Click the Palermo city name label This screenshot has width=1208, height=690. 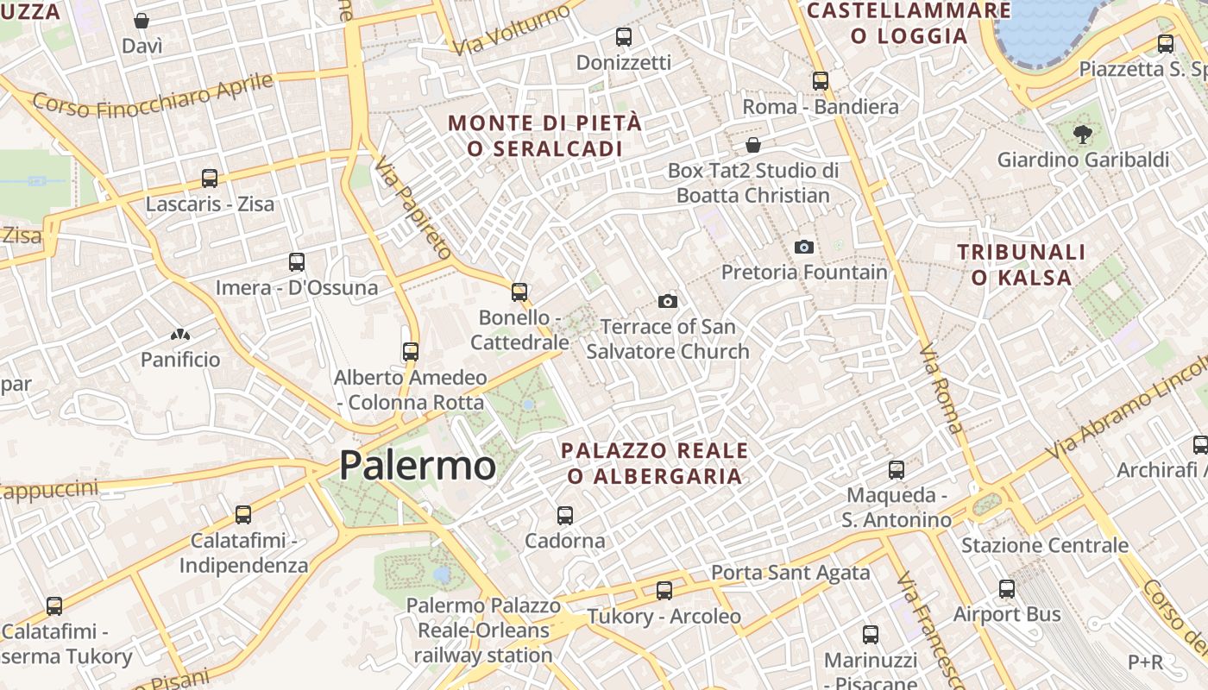coord(418,466)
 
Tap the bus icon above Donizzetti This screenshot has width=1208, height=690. coord(624,37)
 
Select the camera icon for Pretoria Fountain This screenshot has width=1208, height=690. coord(804,248)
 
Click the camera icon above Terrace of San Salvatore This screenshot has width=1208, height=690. coord(667,301)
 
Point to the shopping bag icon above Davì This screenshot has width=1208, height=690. coord(142,21)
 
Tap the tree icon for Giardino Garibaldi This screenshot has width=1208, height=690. coord(1082,134)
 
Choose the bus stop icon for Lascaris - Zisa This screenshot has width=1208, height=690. coord(210,179)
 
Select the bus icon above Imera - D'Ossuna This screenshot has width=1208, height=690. coord(297,261)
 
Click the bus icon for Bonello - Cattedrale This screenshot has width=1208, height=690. coord(519,292)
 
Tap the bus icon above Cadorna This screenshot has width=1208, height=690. coord(565,515)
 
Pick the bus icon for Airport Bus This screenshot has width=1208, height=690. coord(1007,589)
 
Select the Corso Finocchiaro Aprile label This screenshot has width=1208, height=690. coord(153,96)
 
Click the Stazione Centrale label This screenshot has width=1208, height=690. coord(1045,545)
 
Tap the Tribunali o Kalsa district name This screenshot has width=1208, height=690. coord(1022,264)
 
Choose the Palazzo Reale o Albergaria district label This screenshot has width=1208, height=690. coord(655,463)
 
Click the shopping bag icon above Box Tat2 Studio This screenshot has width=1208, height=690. coord(753,144)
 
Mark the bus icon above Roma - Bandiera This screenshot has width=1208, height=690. coord(821,81)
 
